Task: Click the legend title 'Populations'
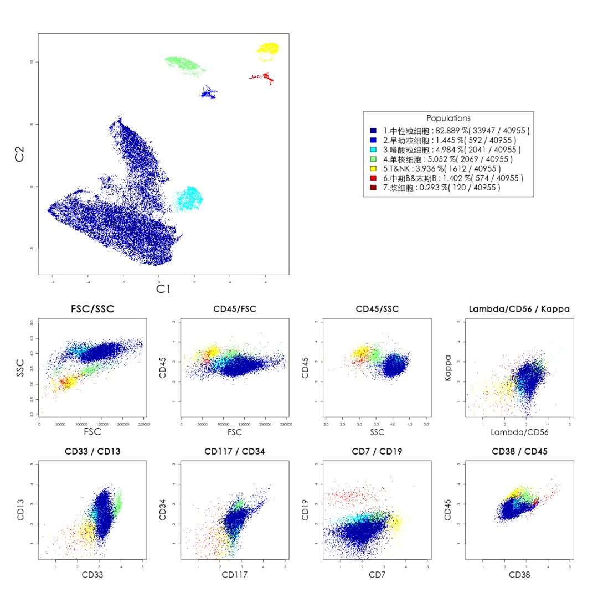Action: tap(448, 118)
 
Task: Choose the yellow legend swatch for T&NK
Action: tap(373, 168)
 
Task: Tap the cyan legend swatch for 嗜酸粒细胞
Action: tap(373, 149)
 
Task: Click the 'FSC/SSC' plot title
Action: tap(92, 309)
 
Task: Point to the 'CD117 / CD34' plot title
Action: tap(234, 451)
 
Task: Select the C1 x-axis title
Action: tap(163, 288)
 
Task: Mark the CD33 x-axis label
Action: tap(92, 575)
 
